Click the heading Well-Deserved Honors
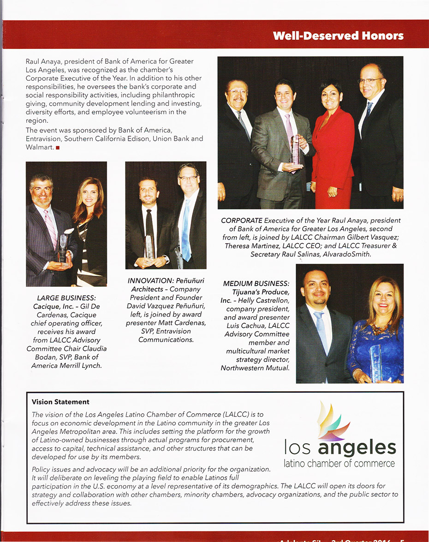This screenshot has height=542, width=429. click(338, 36)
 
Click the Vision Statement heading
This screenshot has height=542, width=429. click(60, 402)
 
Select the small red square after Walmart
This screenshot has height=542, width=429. click(58, 147)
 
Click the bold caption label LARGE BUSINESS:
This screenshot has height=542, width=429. click(66, 298)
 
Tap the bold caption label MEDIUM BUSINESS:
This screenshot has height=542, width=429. click(256, 283)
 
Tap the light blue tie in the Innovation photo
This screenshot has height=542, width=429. click(186, 231)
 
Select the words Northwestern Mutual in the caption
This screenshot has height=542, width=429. click(255, 367)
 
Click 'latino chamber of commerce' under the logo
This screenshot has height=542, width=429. click(340, 463)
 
